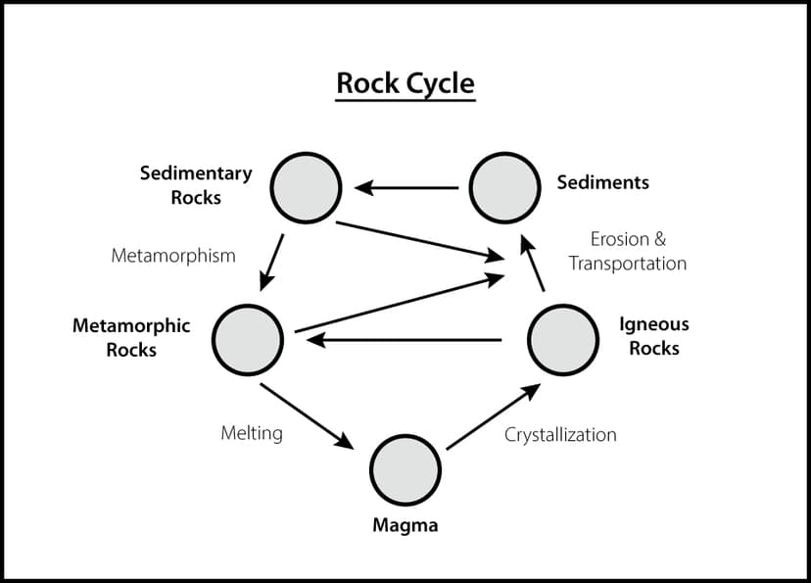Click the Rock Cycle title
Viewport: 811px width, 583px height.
point(405,83)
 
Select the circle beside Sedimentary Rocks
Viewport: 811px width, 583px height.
point(306,186)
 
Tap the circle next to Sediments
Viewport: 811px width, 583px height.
point(504,186)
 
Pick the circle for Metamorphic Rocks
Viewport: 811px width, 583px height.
point(248,339)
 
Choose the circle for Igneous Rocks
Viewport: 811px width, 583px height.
point(563,339)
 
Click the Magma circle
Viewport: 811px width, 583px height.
point(405,468)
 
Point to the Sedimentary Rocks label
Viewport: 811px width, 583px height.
point(196,185)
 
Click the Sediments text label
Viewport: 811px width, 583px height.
point(602,182)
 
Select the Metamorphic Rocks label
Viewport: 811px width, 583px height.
point(131,337)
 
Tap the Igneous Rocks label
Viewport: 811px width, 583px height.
point(654,336)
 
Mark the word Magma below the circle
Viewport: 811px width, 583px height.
point(405,526)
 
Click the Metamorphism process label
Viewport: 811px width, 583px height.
point(173,256)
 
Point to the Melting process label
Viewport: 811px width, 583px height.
point(252,432)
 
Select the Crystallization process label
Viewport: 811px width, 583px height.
point(560,434)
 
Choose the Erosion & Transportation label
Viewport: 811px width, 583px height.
point(628,251)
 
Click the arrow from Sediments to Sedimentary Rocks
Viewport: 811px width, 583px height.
point(405,187)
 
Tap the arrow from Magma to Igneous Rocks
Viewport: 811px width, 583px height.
point(493,416)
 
